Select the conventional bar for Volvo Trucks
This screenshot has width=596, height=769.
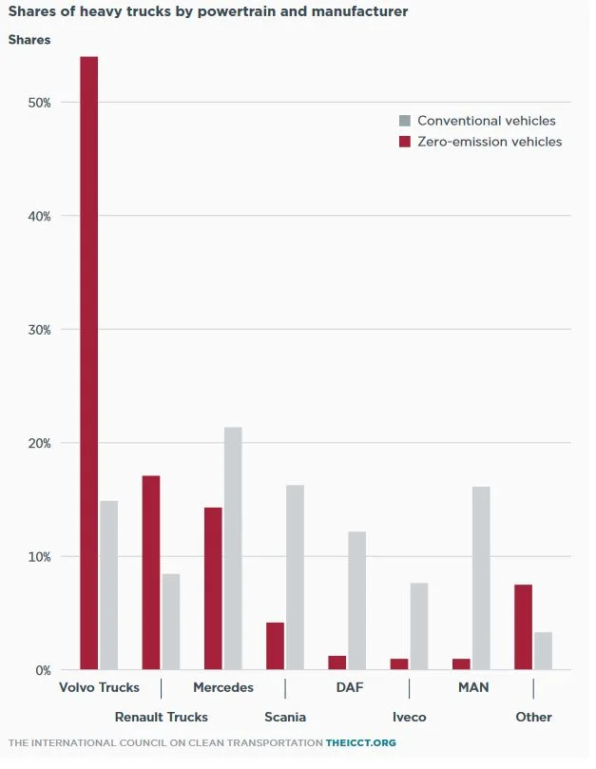point(109,586)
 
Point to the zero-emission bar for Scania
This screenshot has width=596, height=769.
point(275,646)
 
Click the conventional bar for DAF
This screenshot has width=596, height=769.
point(356,601)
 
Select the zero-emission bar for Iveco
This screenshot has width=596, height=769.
point(399,664)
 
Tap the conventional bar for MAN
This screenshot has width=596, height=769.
point(481,579)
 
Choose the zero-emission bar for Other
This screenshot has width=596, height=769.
point(523,627)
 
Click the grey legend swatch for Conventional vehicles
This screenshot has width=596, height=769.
point(405,121)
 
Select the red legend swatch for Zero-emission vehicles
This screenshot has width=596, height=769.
point(405,142)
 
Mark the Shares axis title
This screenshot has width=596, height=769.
point(29,40)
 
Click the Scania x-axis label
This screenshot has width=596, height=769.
point(285,717)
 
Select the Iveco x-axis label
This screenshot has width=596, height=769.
point(409,717)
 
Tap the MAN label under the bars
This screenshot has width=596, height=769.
point(473,687)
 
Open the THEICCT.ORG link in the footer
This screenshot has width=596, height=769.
point(361,742)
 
